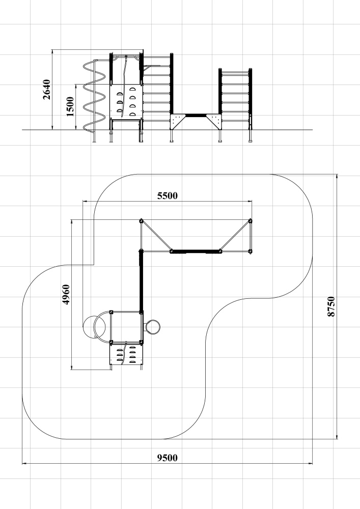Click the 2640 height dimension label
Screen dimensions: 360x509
point(47,90)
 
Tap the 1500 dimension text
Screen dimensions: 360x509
point(70,106)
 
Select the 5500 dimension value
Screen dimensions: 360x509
point(168,196)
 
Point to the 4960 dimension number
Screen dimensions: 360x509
point(66,294)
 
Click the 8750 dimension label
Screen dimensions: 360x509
point(331,306)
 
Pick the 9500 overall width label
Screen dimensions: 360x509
point(168,458)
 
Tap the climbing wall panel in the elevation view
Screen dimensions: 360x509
point(126,101)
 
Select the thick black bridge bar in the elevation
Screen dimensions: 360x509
point(196,115)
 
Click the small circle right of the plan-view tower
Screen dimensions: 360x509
point(152,327)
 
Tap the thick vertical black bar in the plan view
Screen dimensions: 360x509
point(141,281)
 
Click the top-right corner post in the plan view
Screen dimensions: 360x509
point(251,221)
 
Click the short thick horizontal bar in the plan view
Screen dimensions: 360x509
point(196,251)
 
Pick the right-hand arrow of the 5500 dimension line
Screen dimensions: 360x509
point(250,201)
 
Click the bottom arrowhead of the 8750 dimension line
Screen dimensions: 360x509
point(337,436)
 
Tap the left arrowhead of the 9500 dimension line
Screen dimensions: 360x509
point(25,464)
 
